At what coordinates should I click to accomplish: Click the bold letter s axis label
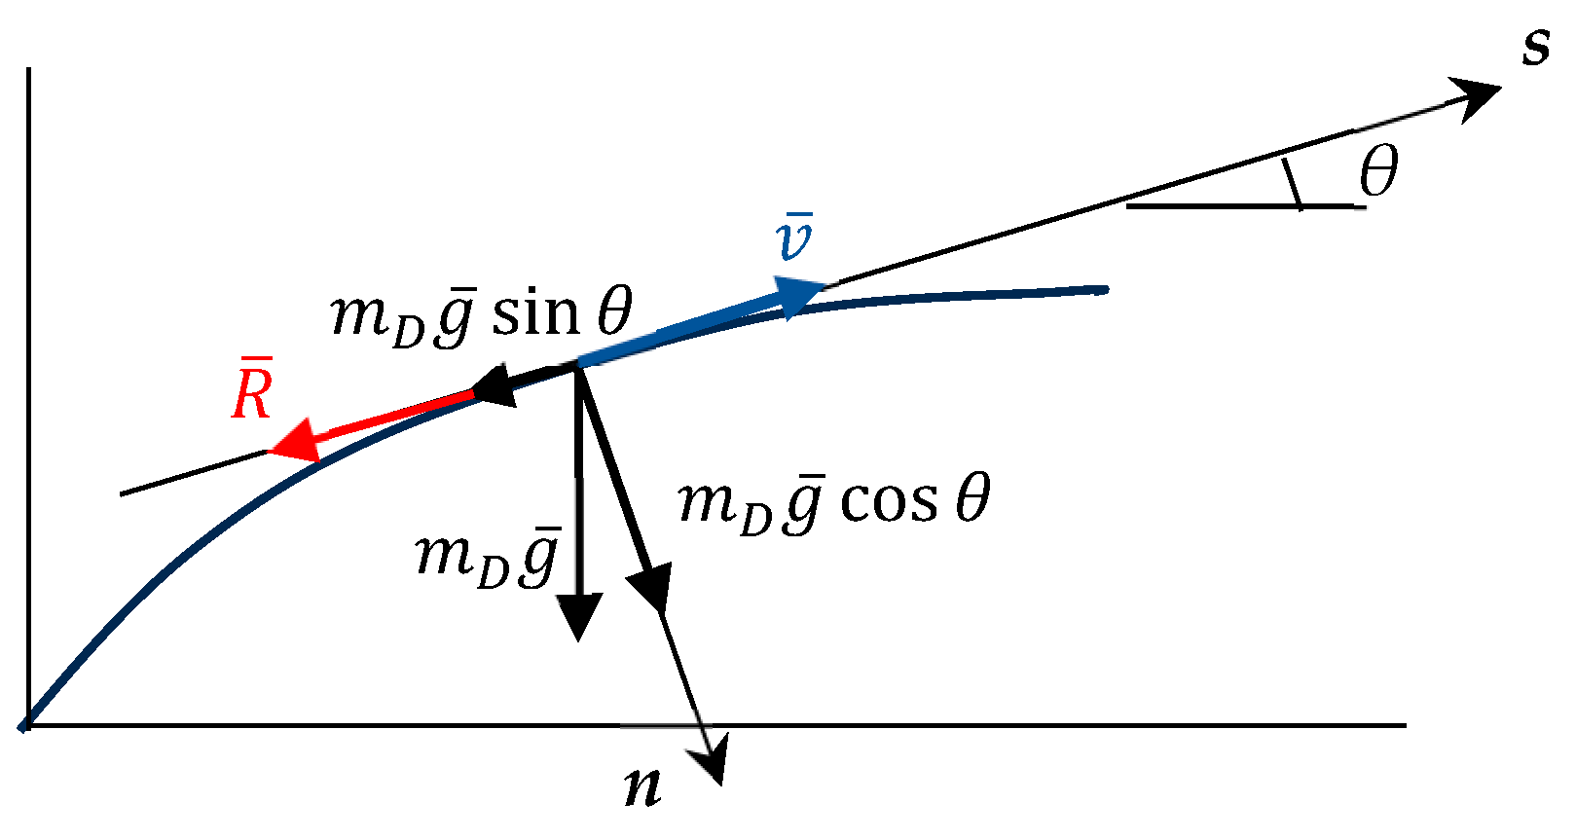pyautogui.click(x=1536, y=47)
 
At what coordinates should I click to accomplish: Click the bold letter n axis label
pyautogui.click(x=642, y=785)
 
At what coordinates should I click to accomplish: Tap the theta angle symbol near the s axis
pyautogui.click(x=1378, y=171)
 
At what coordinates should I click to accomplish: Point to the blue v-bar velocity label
pyautogui.click(x=794, y=238)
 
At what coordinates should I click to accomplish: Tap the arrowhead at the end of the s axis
pyautogui.click(x=1475, y=95)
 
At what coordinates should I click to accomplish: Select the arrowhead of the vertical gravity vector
pyautogui.click(x=578, y=615)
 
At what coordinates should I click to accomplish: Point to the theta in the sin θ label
pyautogui.click(x=615, y=312)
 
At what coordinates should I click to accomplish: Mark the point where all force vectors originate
pyautogui.click(x=579, y=365)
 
